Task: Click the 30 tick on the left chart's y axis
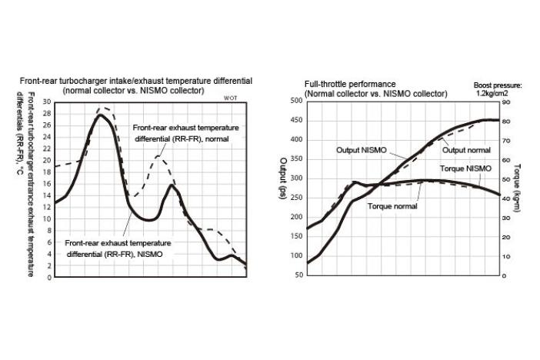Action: tap(47, 102)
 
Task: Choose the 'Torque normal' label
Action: tap(393, 206)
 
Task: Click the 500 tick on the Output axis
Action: tap(295, 101)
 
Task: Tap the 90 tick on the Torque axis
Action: tap(506, 102)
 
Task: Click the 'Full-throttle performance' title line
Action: tap(350, 84)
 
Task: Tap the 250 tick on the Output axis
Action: tap(295, 198)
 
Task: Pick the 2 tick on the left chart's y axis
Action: tap(48, 265)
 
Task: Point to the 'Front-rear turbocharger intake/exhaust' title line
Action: tap(136, 81)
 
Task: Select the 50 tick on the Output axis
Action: tap(297, 275)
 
